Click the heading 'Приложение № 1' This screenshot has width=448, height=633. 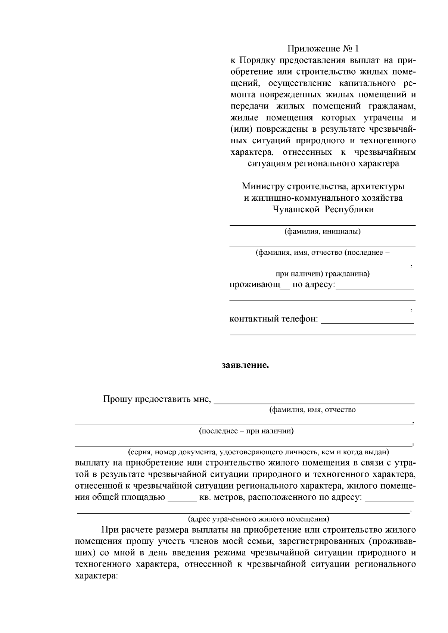(323, 49)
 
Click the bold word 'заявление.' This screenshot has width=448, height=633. (245, 365)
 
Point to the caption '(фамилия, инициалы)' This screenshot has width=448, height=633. (323, 231)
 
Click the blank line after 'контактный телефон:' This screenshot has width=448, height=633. (367, 322)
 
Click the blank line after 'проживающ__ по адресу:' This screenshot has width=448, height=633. (375, 288)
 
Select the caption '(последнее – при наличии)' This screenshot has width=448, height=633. (246, 431)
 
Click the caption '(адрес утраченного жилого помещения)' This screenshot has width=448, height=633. (258, 519)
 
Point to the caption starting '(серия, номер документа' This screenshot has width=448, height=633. (258, 452)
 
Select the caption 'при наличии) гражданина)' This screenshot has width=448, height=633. (323, 274)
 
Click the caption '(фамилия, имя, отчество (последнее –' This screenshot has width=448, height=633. (323, 253)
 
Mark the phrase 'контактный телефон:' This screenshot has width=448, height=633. (274, 319)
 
